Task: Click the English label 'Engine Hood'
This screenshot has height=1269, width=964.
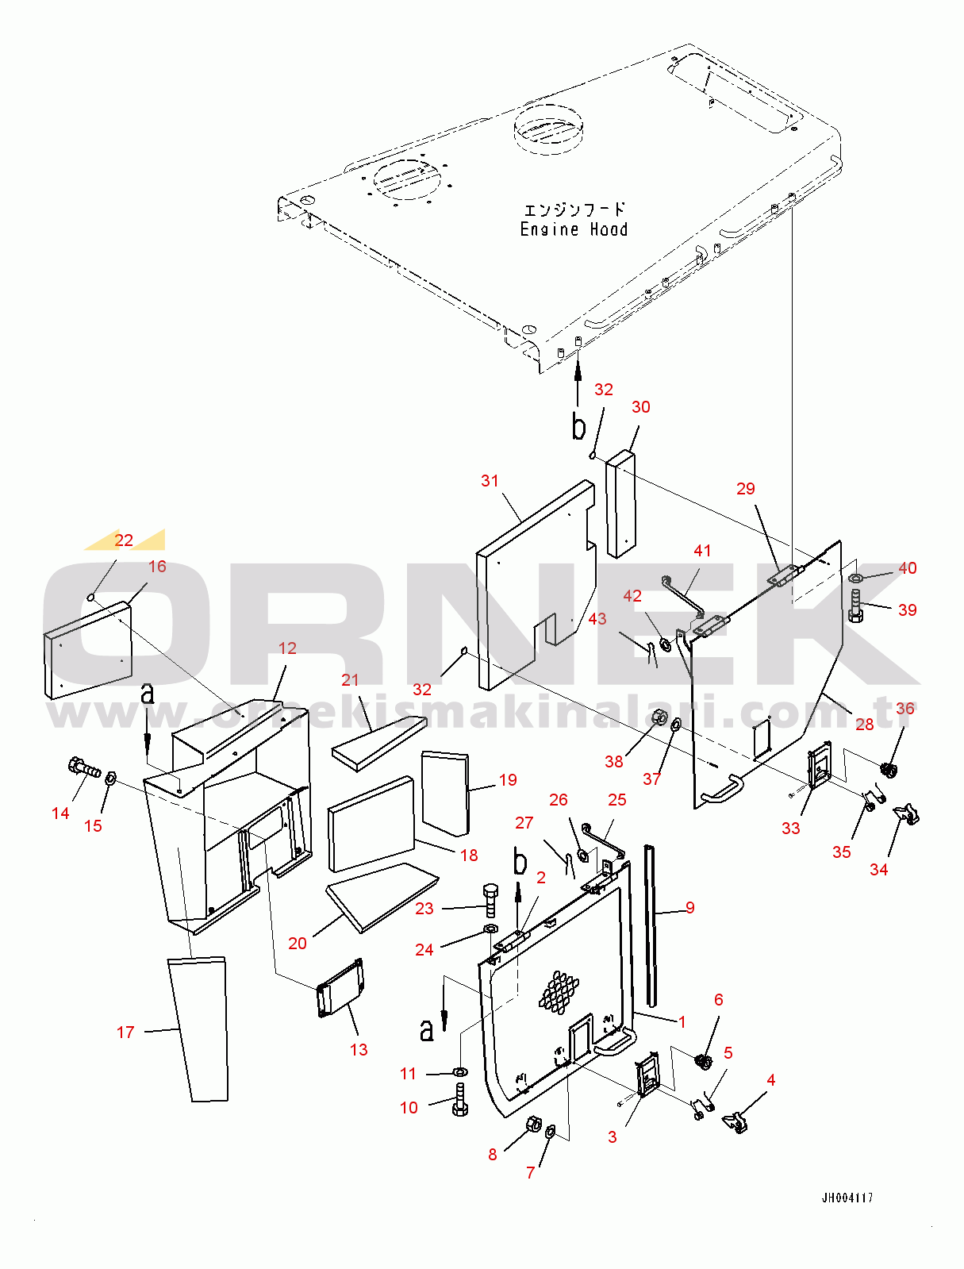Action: click(x=574, y=229)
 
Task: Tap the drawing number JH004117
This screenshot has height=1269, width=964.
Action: click(x=847, y=1198)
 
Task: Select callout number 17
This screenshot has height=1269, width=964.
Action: click(x=125, y=1032)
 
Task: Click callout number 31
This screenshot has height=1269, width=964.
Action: click(x=490, y=481)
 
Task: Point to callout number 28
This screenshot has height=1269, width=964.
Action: click(x=864, y=724)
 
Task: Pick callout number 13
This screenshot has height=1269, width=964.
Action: click(x=359, y=1049)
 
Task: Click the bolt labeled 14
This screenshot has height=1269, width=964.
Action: click(x=83, y=767)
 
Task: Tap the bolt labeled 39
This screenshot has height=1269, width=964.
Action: click(x=855, y=608)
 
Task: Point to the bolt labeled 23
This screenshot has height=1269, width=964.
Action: click(x=490, y=899)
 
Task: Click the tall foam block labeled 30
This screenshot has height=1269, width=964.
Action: click(x=620, y=504)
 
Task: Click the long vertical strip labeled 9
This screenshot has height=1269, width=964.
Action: click(x=651, y=925)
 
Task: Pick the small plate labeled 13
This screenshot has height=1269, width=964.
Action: click(x=341, y=987)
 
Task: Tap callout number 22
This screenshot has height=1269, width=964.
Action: click(x=124, y=540)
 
